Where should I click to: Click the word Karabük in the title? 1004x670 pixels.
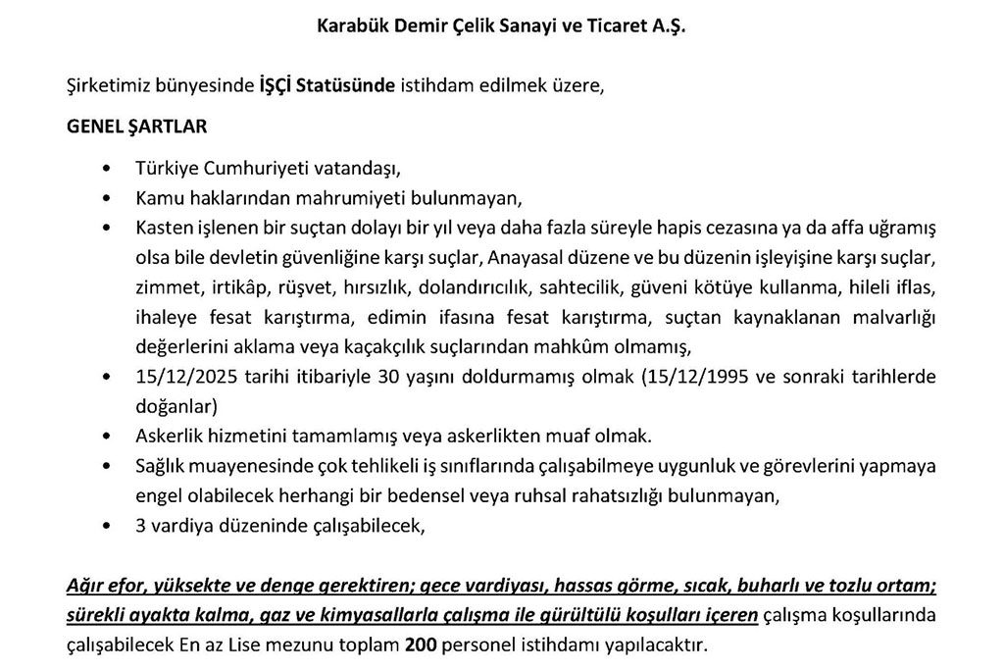tap(355, 27)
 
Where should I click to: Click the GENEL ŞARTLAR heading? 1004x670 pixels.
tap(135, 128)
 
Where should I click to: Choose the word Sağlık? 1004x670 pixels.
tap(160, 468)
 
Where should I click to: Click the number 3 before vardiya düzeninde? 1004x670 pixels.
tap(141, 525)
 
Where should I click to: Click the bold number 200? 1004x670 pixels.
tap(419, 645)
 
